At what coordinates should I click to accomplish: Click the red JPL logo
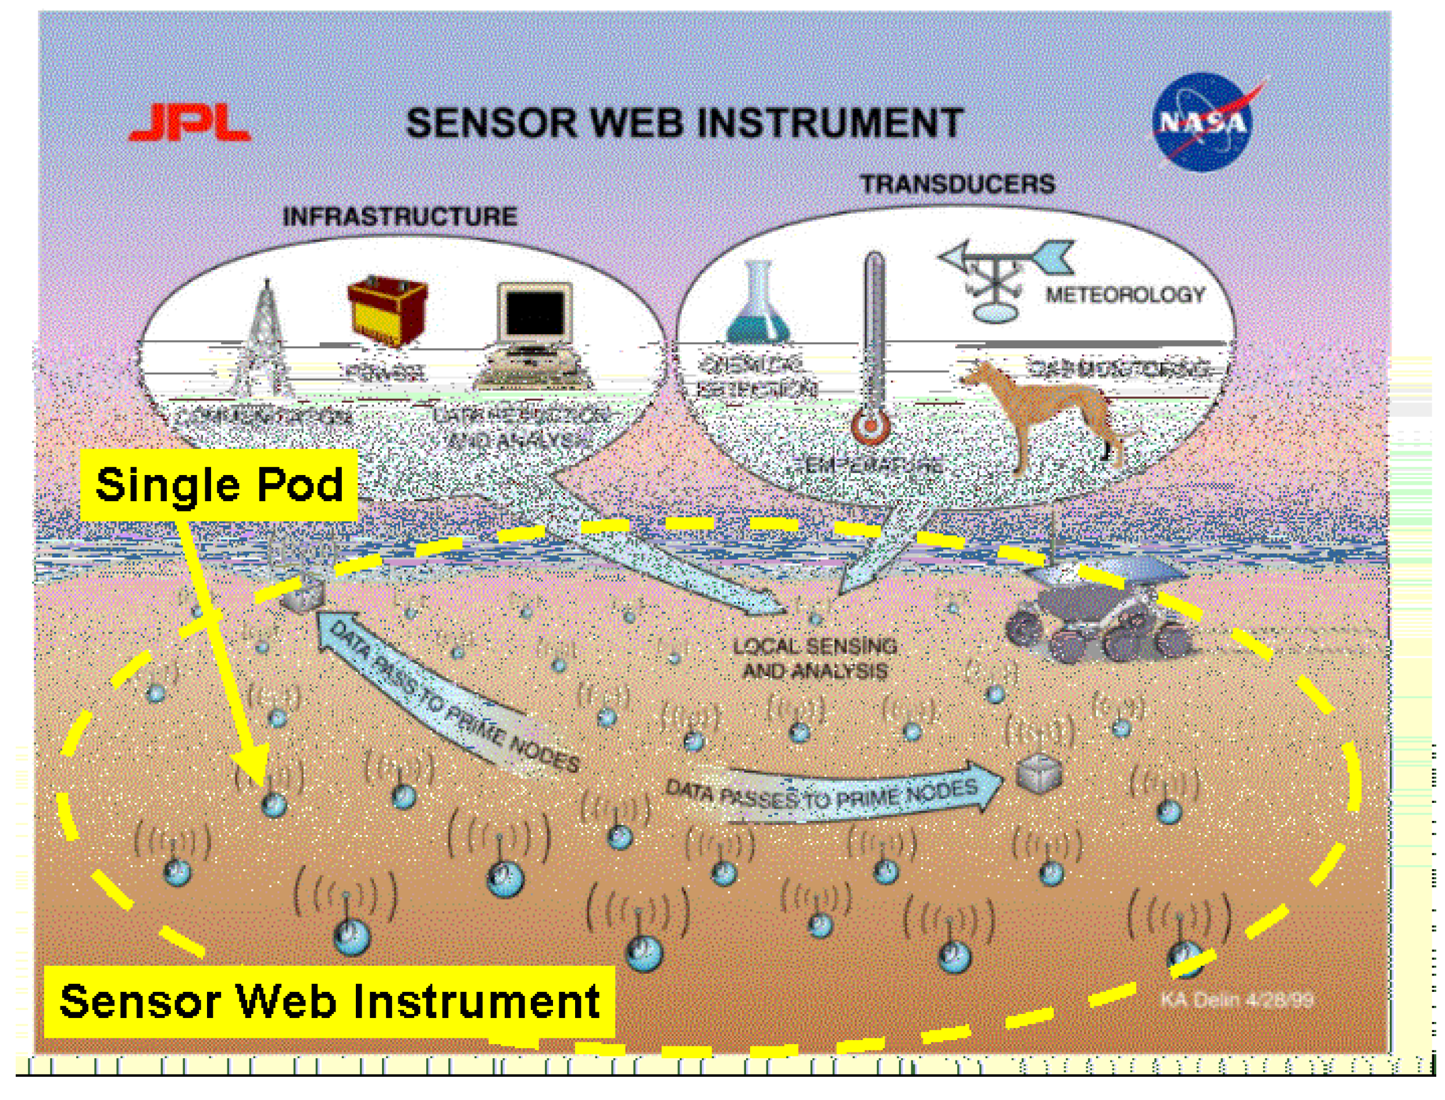[x=190, y=124]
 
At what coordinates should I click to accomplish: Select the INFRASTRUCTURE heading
[x=399, y=217]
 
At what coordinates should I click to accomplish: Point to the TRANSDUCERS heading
[x=957, y=184]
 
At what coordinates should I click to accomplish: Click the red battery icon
[x=388, y=310]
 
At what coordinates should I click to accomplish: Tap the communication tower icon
[x=265, y=341]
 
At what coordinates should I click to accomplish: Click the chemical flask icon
[x=758, y=305]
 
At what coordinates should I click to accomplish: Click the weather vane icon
[x=1002, y=278]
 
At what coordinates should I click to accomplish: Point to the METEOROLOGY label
[x=1125, y=295]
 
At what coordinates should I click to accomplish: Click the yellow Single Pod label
[x=219, y=484]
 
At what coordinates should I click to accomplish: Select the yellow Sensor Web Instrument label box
[x=329, y=1001]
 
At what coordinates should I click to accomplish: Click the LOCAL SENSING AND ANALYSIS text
[x=815, y=659]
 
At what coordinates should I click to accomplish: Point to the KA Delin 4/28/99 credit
[x=1237, y=1000]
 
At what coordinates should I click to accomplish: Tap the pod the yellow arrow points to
[x=274, y=804]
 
